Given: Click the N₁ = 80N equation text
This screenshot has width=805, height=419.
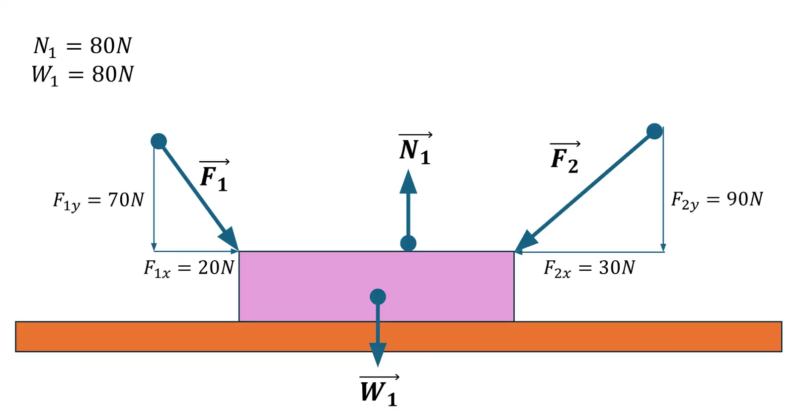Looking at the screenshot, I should click(x=82, y=46).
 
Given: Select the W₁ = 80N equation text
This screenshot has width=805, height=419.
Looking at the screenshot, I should click(x=82, y=75).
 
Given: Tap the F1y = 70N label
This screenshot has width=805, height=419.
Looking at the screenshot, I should click(x=98, y=201).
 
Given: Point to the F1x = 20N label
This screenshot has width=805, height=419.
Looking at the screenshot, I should click(x=188, y=268).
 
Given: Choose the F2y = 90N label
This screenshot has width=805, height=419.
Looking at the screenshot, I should click(x=717, y=200).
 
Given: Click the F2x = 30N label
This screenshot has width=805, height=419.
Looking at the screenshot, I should click(x=589, y=268).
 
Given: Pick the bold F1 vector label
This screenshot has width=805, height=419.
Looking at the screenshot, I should click(x=214, y=177).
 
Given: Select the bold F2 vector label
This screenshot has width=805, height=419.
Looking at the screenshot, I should click(x=565, y=158).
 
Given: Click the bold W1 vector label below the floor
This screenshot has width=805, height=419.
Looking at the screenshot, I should click(x=379, y=391).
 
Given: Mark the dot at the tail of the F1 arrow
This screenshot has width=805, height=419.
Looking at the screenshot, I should click(x=159, y=141).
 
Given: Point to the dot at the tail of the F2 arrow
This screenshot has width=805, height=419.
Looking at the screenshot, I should click(x=654, y=131).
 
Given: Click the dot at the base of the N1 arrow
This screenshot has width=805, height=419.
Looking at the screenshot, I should click(x=408, y=243).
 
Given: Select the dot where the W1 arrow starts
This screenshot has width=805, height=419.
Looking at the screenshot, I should click(x=378, y=297).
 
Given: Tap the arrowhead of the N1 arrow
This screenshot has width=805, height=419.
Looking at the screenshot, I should click(x=408, y=183).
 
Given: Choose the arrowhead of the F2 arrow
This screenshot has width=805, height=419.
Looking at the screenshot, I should click(x=525, y=242).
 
